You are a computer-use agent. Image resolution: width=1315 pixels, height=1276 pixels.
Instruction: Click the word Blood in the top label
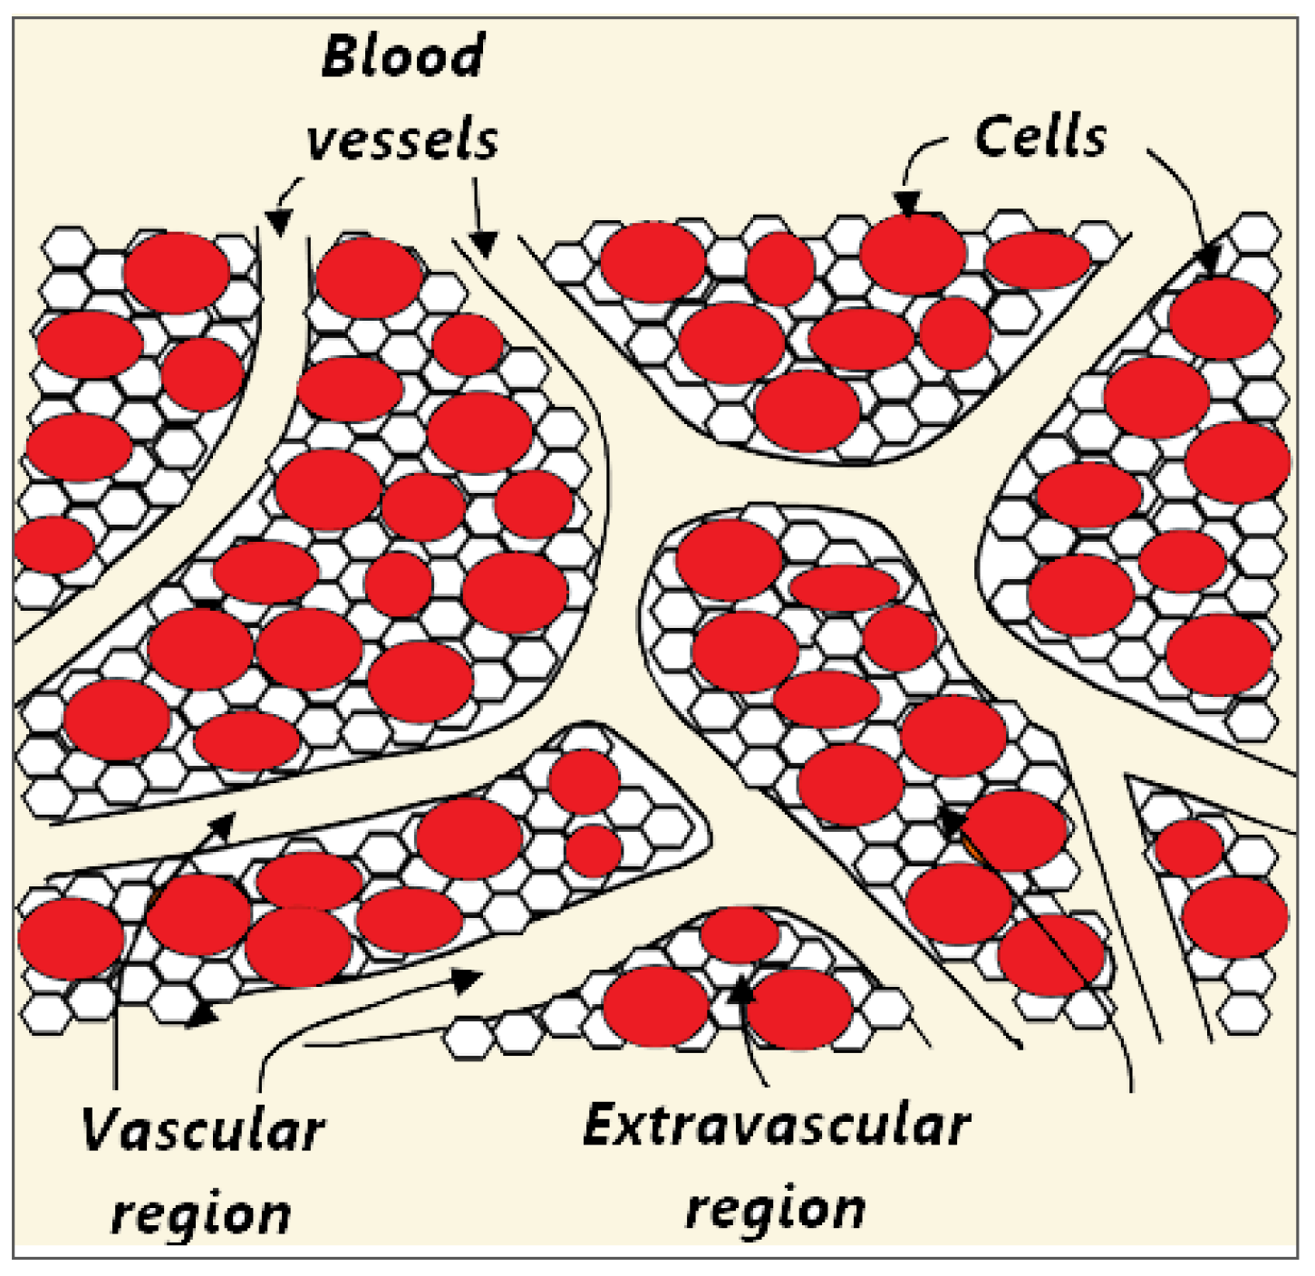click(403, 56)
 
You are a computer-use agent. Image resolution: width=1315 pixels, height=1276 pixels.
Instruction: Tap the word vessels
click(403, 141)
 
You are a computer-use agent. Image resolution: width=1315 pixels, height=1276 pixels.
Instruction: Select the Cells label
click(1040, 138)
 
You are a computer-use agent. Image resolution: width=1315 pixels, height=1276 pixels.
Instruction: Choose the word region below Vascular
click(201, 1213)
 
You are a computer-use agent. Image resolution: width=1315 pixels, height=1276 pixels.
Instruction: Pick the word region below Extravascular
click(776, 1209)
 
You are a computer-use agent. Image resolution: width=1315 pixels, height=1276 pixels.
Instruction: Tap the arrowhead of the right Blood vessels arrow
click(485, 243)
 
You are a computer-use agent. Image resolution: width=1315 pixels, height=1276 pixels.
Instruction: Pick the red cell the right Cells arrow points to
click(1223, 318)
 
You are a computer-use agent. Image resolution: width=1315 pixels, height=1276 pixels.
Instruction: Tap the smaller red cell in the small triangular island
click(1190, 847)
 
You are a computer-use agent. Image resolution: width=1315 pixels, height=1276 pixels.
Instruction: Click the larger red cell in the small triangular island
click(1234, 916)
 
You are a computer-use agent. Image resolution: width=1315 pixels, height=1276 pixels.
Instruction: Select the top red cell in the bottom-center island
click(740, 933)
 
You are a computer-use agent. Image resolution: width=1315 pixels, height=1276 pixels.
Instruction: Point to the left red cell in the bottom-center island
click(655, 1006)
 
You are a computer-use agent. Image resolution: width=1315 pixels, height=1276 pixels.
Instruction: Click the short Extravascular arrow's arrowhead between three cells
click(741, 990)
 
